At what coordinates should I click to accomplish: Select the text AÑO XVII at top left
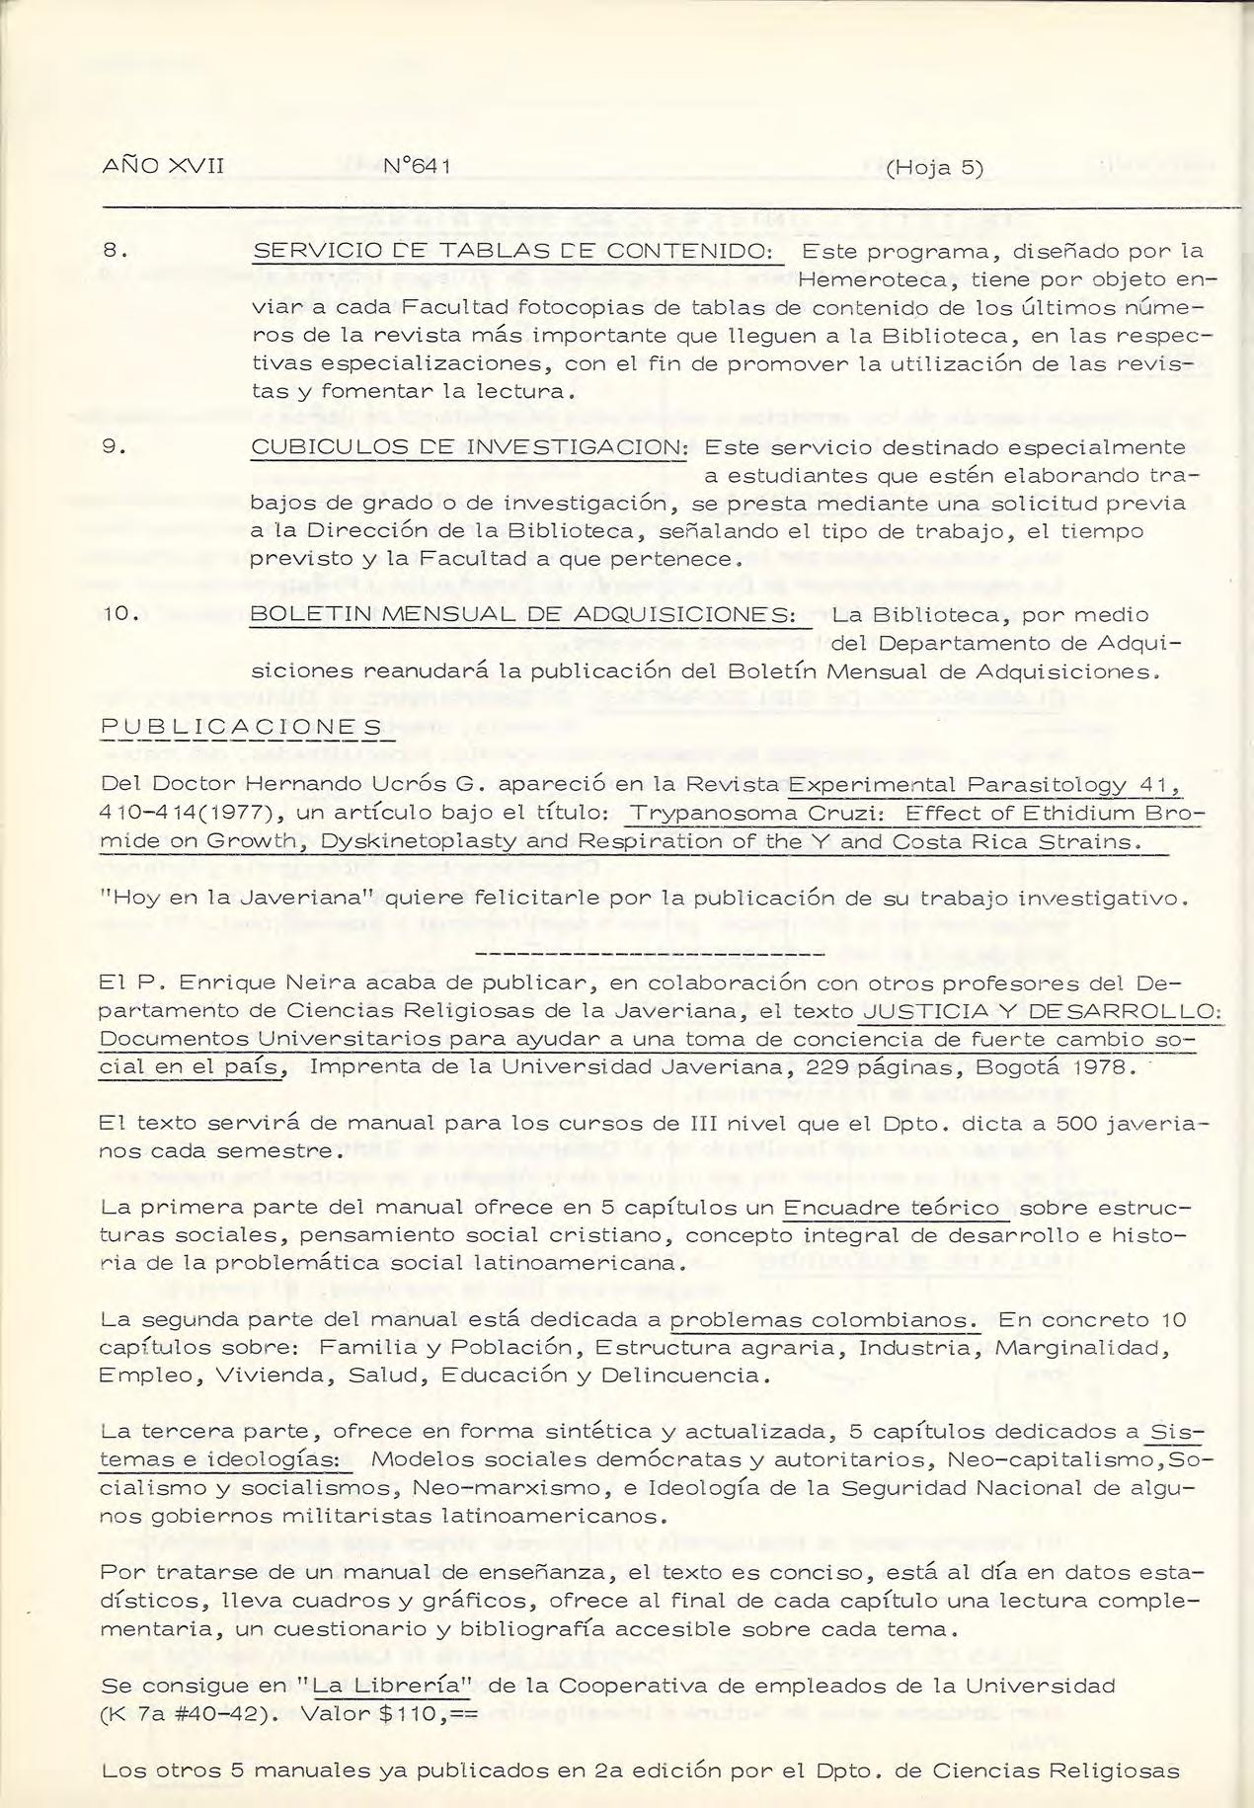pos(164,167)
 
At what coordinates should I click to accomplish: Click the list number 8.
pos(115,252)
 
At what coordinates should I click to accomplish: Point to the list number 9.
pos(115,447)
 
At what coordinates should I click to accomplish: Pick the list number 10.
pos(119,615)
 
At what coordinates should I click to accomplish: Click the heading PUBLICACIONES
pos(242,728)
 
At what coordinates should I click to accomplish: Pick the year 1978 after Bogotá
pos(1106,1067)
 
